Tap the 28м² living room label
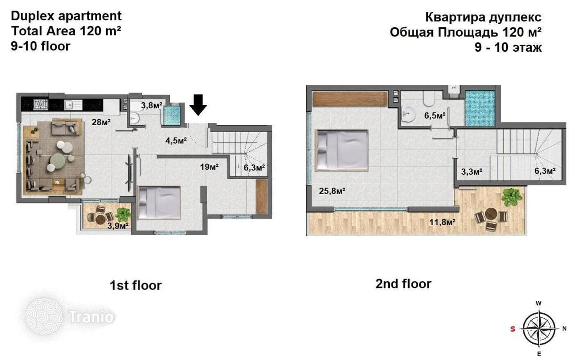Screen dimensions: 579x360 (x=101, y=122)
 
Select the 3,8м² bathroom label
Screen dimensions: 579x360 (x=152, y=105)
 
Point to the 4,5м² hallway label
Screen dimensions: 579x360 (x=176, y=141)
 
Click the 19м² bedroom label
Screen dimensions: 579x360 (x=210, y=167)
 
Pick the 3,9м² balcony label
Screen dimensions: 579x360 (x=118, y=226)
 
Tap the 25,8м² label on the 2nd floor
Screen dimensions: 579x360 (x=332, y=191)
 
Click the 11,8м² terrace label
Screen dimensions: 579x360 (x=442, y=222)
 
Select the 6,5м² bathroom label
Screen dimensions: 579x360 (x=435, y=115)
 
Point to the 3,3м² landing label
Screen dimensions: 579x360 (x=472, y=171)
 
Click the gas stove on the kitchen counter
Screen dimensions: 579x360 (x=41, y=104)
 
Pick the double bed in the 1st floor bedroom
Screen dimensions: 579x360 (x=159, y=203)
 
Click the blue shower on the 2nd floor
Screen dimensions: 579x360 (x=480, y=108)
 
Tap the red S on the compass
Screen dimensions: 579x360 (x=513, y=329)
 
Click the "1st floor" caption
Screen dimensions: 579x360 (x=136, y=285)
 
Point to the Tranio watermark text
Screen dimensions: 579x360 (x=91, y=317)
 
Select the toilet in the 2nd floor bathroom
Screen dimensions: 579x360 (x=429, y=100)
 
